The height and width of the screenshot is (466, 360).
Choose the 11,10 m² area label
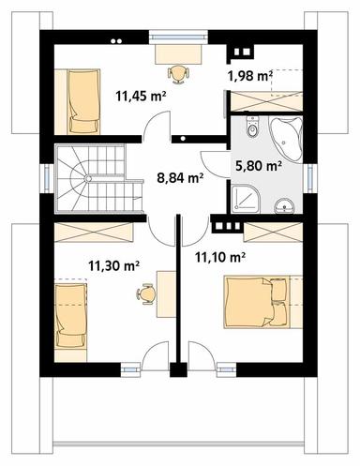(219, 255)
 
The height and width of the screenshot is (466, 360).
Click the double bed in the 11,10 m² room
(257, 300)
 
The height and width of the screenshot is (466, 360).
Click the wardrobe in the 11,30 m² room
(94, 232)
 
